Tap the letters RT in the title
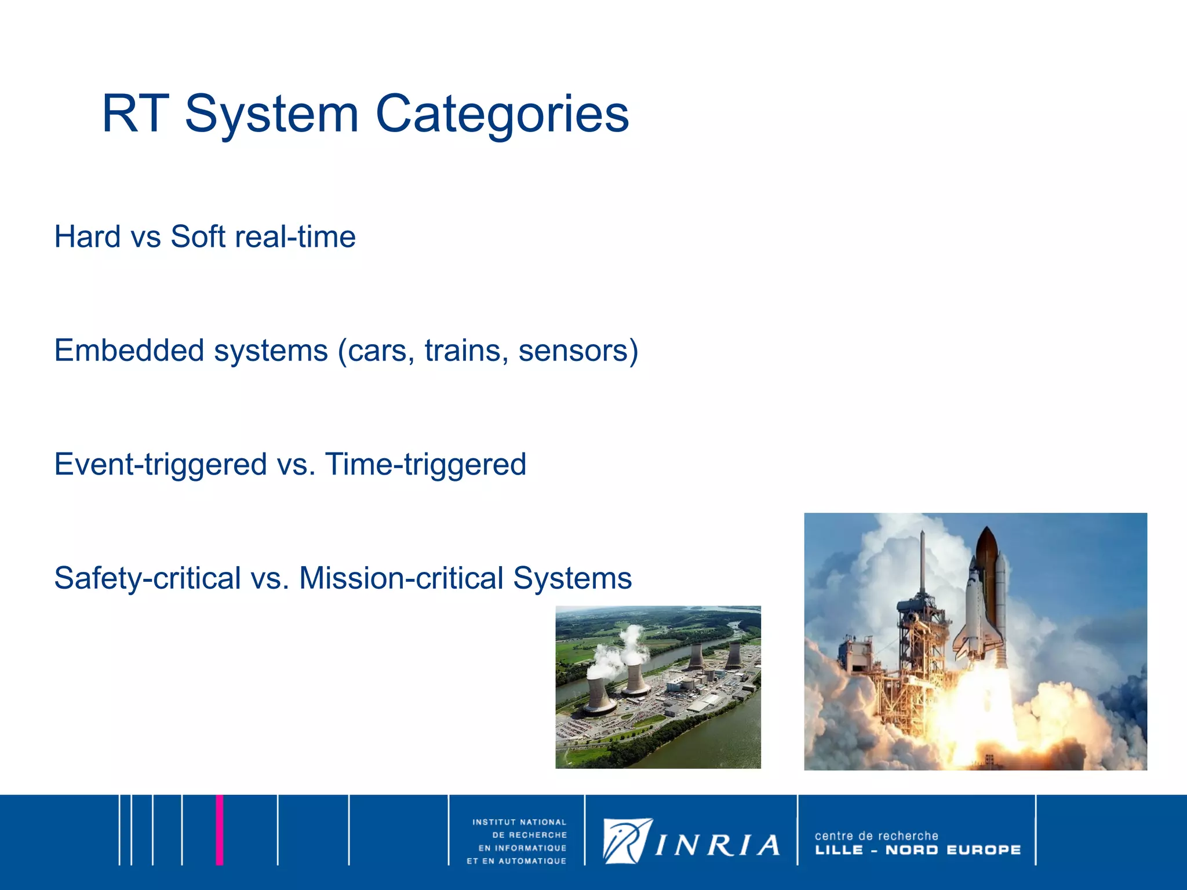(135, 114)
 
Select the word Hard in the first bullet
(87, 237)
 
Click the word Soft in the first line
(198, 237)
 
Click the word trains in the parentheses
(463, 351)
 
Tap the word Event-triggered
(161, 465)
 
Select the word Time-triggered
(425, 465)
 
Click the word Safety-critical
(148, 578)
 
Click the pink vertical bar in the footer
(220, 830)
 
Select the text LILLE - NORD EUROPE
(917, 850)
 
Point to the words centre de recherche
(876, 836)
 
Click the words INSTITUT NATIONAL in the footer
(519, 822)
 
